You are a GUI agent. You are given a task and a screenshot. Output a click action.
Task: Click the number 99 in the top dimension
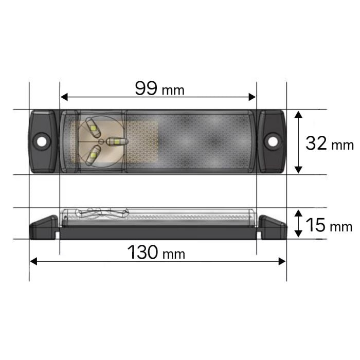point(147,88)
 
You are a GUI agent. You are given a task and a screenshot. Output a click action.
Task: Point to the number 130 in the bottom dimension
point(143,253)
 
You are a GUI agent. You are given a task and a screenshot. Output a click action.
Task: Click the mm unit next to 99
point(173,91)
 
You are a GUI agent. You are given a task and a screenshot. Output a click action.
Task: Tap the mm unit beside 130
point(173,254)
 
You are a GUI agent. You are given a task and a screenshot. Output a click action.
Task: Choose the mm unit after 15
point(341,227)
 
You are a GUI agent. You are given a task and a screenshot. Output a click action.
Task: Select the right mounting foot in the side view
point(272,226)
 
